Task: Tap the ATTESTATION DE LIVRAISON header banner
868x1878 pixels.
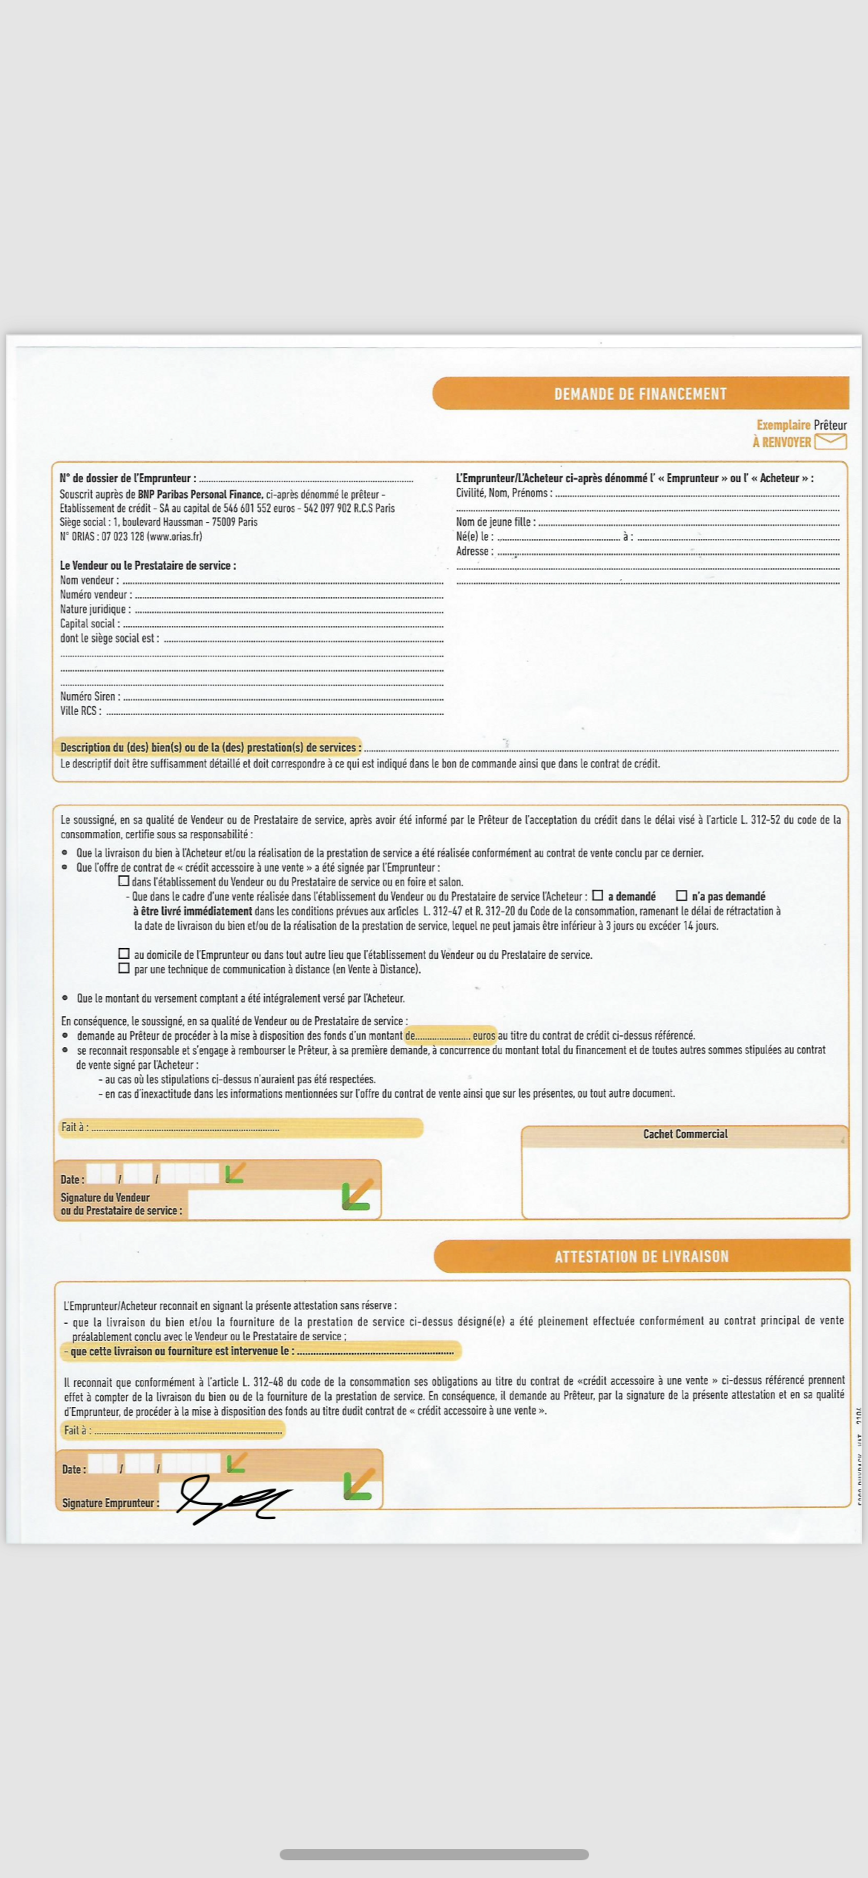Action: click(x=641, y=1256)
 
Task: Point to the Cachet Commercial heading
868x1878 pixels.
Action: click(x=685, y=1134)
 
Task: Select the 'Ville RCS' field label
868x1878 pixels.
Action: click(x=80, y=711)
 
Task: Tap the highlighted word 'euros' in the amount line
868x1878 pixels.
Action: click(x=483, y=1035)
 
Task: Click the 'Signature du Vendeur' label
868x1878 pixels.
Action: click(x=105, y=1197)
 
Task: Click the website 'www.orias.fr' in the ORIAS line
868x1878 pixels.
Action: click(x=174, y=537)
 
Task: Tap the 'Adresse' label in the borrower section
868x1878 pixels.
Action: click(x=473, y=551)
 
